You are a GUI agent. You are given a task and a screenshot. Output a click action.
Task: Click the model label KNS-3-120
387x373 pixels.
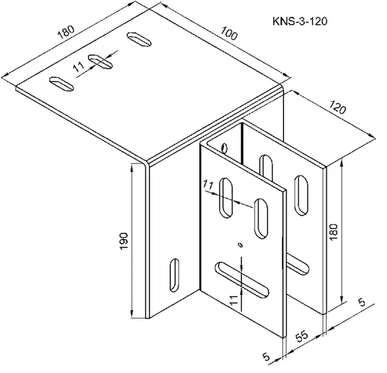[300, 21]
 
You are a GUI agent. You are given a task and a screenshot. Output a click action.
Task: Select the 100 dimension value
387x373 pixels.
[229, 33]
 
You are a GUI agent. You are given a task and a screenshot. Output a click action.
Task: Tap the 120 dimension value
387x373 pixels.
[337, 107]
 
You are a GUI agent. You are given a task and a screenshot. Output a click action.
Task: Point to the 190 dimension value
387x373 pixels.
[124, 241]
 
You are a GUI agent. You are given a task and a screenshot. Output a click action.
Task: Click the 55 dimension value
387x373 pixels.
[302, 336]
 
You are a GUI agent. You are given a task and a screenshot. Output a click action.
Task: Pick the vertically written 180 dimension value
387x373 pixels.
[333, 232]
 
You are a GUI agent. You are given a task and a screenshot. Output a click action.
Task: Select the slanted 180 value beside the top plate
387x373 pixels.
[66, 32]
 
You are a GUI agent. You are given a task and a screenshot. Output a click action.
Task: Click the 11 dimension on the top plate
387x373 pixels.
[79, 66]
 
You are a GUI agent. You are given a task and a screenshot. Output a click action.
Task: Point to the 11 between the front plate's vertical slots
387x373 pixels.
[208, 185]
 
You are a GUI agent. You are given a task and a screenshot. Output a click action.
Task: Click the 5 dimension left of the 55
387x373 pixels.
[266, 356]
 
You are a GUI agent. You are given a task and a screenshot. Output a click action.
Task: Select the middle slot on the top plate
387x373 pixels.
[100, 61]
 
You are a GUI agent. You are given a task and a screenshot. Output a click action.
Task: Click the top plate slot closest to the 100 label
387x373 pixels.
[139, 39]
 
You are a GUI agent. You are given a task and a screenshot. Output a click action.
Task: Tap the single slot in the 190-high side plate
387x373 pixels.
[175, 275]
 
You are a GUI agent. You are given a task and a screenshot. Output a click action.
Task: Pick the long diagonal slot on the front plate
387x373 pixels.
[242, 280]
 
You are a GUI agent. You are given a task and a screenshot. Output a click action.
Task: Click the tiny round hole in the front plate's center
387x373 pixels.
[240, 245]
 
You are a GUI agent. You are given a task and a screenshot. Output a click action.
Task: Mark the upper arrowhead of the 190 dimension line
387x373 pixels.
[132, 168]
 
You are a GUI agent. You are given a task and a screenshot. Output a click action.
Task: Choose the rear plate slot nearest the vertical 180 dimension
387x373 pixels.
[301, 196]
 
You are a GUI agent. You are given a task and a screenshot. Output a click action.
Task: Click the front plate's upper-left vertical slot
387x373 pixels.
[226, 198]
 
